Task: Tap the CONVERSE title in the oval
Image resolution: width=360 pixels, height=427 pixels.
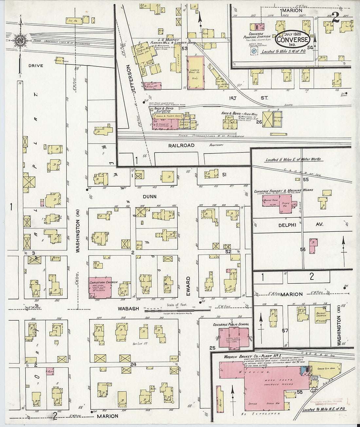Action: click(x=292, y=40)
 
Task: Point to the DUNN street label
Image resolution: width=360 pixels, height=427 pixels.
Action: click(x=150, y=197)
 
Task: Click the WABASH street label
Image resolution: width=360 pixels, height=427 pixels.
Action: click(x=129, y=309)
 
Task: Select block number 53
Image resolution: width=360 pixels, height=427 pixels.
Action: click(x=185, y=48)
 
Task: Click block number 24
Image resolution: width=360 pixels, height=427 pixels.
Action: click(x=133, y=364)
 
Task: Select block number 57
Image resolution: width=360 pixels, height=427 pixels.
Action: click(x=285, y=330)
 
